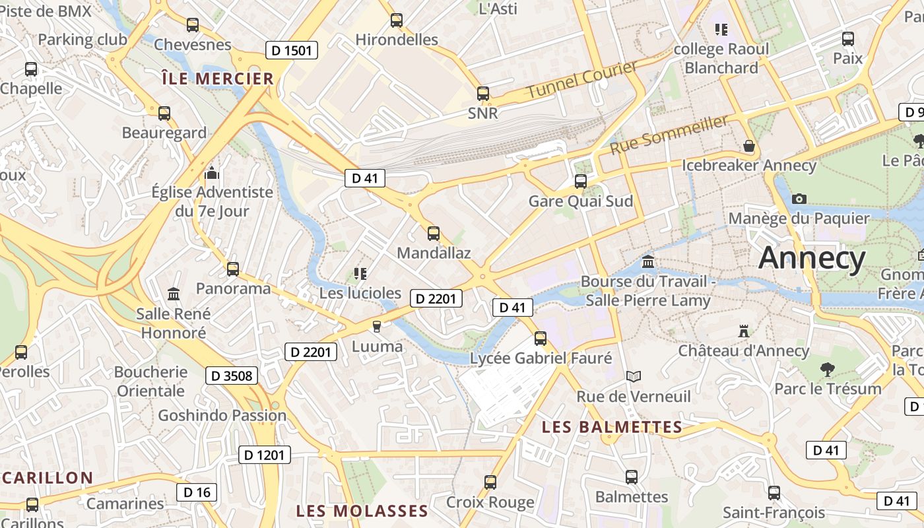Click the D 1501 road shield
[x=291, y=50]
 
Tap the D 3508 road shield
[x=230, y=376]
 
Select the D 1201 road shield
[x=264, y=455]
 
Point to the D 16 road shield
[x=197, y=492]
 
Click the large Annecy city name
[x=812, y=257]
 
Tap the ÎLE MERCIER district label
[x=217, y=79]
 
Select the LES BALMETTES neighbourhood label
[x=612, y=427]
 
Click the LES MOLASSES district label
[x=362, y=511]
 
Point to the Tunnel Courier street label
[x=582, y=80]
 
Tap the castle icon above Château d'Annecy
[x=744, y=330]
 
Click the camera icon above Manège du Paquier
[x=799, y=199]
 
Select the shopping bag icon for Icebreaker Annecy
[x=748, y=145]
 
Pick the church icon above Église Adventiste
[x=212, y=173]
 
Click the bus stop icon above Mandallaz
[x=434, y=233]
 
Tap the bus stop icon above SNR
[x=483, y=93]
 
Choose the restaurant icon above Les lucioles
[x=360, y=273]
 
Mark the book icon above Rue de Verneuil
[x=634, y=376]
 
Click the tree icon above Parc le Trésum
[x=827, y=369]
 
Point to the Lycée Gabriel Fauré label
[x=541, y=358]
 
